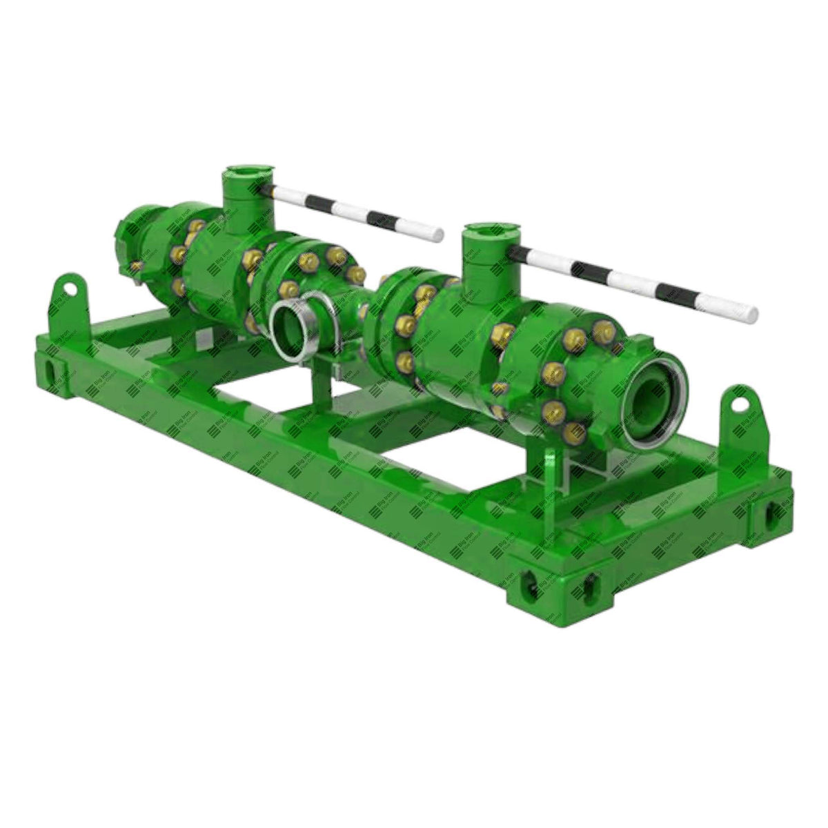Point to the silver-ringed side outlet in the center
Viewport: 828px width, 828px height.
[294, 325]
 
